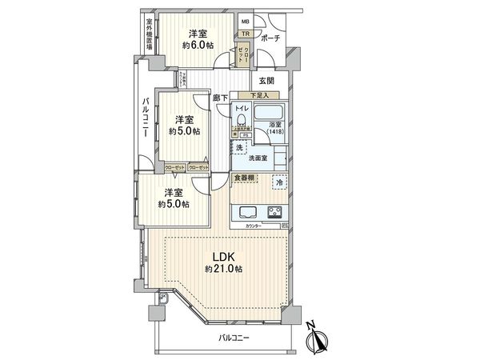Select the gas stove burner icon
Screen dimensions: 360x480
pos(274,213)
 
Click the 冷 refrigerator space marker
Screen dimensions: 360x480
pos(278,182)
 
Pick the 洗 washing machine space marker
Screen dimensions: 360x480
pos(239,149)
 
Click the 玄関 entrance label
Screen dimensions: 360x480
pos(266,81)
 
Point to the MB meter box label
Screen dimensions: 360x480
pos(246,22)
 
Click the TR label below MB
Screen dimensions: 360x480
pos(246,34)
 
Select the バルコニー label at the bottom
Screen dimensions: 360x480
pos(234,339)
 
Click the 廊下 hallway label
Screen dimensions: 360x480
pos(221,98)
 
